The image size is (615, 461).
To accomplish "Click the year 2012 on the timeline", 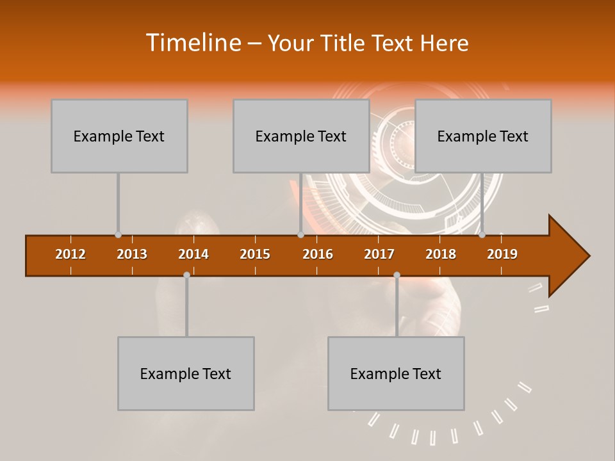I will click(x=70, y=254).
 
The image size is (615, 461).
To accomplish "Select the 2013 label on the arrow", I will click(x=132, y=254).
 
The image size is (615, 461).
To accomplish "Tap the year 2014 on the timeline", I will click(x=193, y=254).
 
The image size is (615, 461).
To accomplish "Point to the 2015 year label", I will click(x=255, y=254).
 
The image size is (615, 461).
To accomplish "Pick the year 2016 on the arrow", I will click(x=318, y=254).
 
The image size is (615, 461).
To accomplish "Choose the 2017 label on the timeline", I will click(x=379, y=254).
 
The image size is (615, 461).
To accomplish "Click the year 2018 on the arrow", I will click(x=441, y=254).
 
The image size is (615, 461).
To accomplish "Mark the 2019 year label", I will click(x=502, y=254).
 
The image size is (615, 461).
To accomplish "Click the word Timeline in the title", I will click(x=193, y=43).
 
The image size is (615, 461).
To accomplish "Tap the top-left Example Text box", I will click(x=119, y=136).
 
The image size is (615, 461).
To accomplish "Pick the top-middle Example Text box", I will click(x=301, y=136).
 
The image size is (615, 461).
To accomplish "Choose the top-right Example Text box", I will click(x=483, y=136).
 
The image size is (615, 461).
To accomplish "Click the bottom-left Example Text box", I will click(x=186, y=373).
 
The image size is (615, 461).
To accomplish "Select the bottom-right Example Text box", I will click(x=396, y=373).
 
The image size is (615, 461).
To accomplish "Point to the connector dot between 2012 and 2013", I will click(x=118, y=235).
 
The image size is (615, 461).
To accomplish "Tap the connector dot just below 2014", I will click(x=186, y=275).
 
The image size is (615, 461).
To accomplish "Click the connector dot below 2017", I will click(x=397, y=275).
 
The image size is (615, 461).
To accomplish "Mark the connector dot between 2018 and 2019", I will click(x=482, y=235).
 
